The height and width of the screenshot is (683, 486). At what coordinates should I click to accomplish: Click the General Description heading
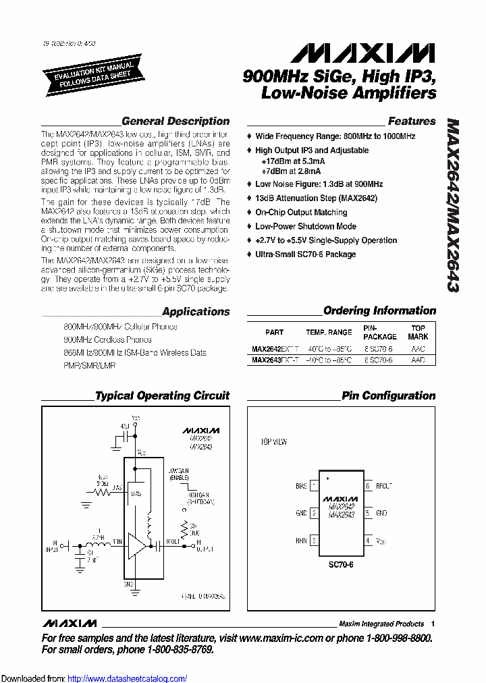pos(175,121)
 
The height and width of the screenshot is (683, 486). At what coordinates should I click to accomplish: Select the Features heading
pos(412,121)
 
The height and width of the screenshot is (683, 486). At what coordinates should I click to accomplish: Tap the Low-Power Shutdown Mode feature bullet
pos(305,227)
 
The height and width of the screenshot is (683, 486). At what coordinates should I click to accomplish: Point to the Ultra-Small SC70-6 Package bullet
pos(305,254)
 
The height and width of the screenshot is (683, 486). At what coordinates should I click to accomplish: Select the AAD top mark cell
pos(418,360)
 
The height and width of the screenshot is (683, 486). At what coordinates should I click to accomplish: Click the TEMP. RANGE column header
pos(329,332)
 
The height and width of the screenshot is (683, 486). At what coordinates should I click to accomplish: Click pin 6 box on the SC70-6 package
pos(369,486)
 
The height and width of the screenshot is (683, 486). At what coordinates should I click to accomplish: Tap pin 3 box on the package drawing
pos(314,541)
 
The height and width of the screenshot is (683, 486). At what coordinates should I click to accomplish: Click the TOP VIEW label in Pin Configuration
pos(274,442)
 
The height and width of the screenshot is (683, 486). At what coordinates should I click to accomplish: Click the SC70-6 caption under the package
pos(342,564)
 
